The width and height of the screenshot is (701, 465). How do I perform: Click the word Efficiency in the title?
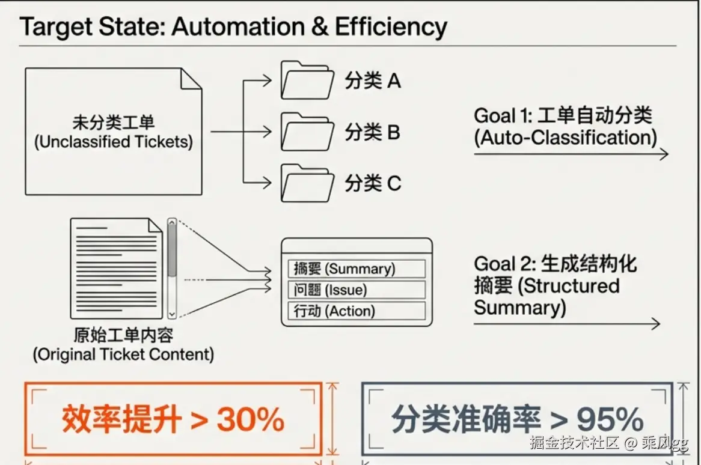click(391, 27)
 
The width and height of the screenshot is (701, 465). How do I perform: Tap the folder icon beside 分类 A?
click(307, 81)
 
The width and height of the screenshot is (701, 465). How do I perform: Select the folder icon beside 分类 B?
click(307, 132)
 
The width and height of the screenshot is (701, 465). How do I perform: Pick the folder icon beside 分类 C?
click(307, 183)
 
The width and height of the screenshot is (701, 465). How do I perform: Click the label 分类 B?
click(372, 132)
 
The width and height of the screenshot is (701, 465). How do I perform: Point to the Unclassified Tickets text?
click(114, 142)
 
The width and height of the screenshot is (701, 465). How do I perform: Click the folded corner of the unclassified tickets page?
click(191, 79)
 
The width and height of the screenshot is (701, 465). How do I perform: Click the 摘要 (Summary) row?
click(357, 269)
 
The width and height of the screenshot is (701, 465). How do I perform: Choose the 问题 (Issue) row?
click(357, 290)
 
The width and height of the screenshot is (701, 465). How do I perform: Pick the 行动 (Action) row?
click(357, 311)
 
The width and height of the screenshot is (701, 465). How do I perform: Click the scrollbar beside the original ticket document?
click(172, 269)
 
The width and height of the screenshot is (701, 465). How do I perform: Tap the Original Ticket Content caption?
click(123, 354)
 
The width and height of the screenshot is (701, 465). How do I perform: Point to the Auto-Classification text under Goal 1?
click(566, 138)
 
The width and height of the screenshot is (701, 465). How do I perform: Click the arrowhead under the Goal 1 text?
click(664, 154)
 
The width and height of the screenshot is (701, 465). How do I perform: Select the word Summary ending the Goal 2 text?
click(520, 308)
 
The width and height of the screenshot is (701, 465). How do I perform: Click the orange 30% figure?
click(250, 419)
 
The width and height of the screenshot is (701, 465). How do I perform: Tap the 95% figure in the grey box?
click(610, 419)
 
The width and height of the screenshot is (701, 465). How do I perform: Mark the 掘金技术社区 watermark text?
click(575, 443)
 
